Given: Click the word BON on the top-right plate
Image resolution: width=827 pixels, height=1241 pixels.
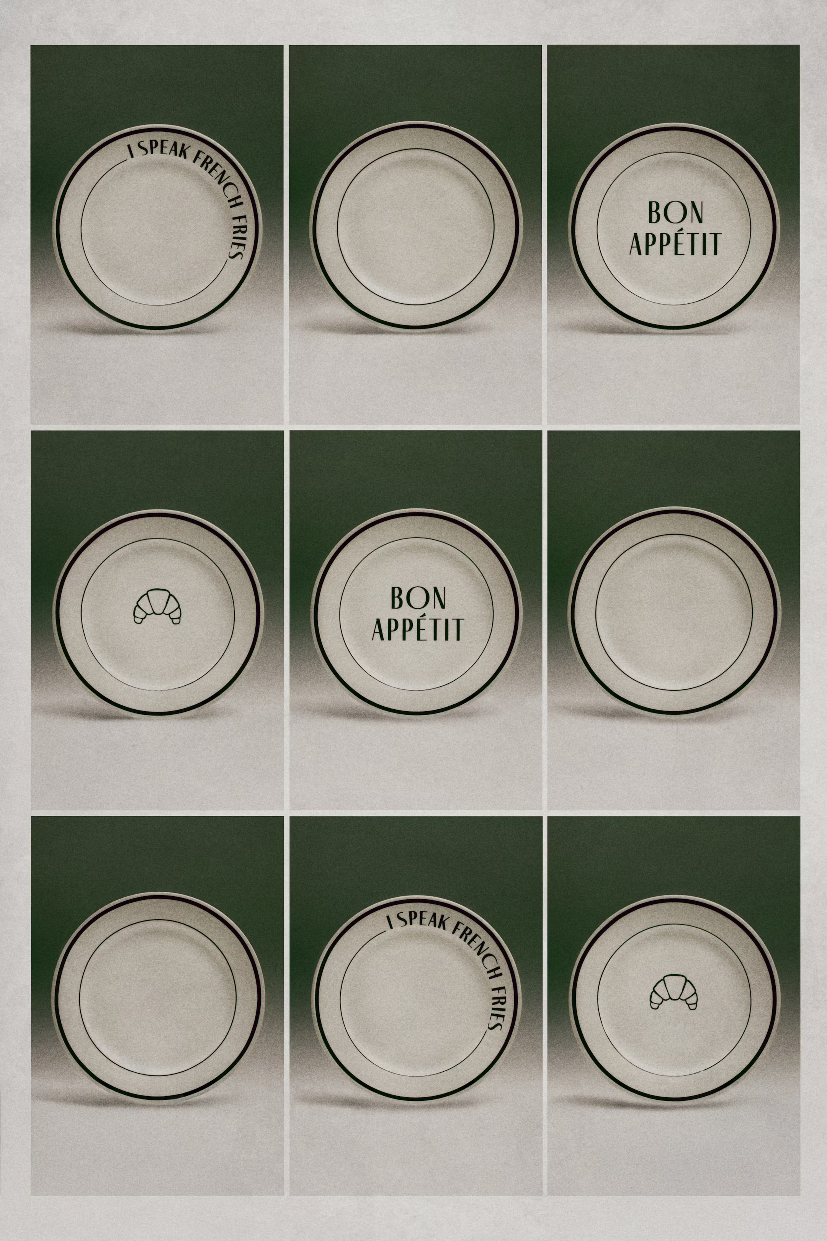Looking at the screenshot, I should (675, 212).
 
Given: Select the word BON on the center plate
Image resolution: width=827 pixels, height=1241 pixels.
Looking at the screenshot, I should (418, 598).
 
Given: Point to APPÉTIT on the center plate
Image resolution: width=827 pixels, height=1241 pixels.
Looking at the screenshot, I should (418, 629).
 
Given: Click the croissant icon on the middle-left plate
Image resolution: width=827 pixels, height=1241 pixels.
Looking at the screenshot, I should (157, 606).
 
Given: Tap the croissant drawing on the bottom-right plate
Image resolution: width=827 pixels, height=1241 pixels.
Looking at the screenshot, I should (673, 992).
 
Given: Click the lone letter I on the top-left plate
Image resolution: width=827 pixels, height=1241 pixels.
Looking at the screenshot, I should (131, 152).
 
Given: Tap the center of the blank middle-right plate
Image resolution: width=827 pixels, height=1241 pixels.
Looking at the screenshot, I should (674, 612).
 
